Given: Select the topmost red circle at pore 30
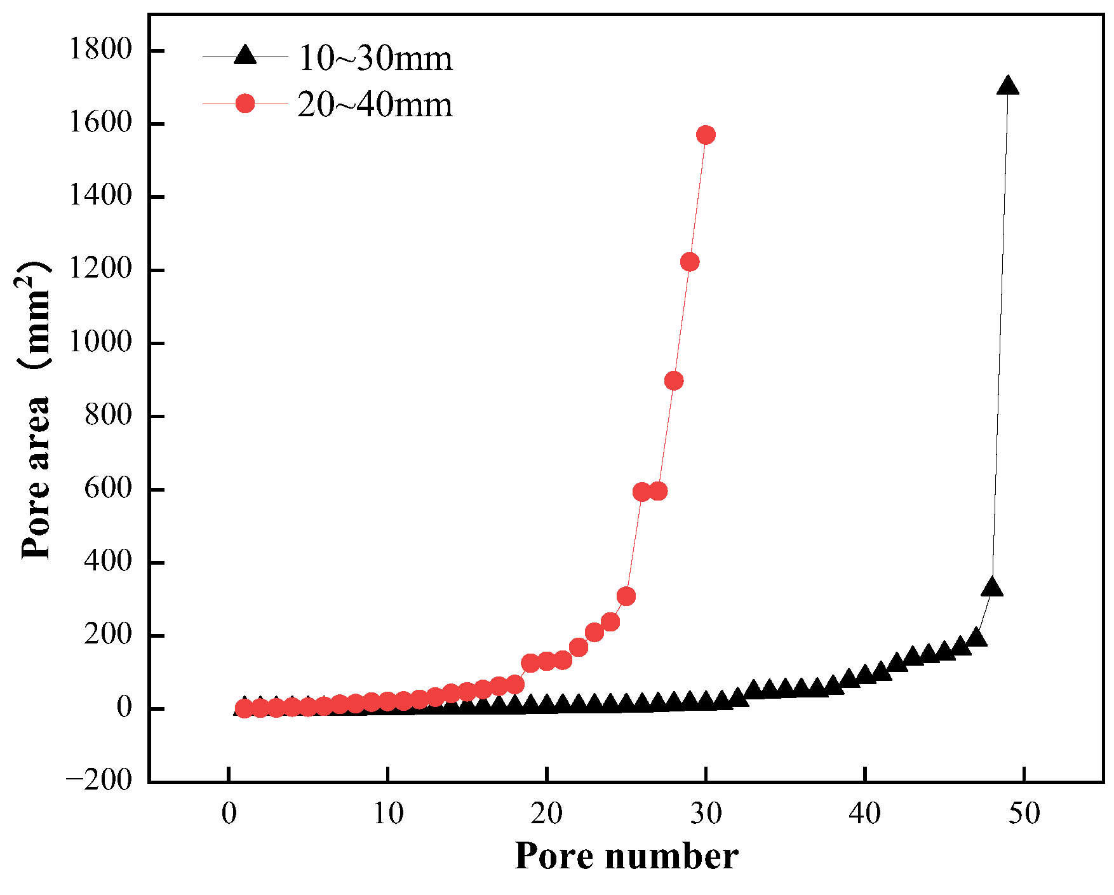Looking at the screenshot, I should [x=706, y=135].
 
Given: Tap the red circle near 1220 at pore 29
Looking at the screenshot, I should [x=690, y=262].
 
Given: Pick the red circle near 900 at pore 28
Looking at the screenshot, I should [x=674, y=381].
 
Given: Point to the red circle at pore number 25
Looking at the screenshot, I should [x=626, y=596].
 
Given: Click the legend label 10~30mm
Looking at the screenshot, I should [x=375, y=58].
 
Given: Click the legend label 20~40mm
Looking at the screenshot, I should [x=375, y=104].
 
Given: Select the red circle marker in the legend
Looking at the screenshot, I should [x=245, y=104].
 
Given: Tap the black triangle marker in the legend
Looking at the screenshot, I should [x=245, y=56].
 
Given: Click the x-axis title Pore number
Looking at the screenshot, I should [x=626, y=856].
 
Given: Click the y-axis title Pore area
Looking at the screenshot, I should [x=36, y=410].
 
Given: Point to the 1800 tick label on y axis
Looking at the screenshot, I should [x=100, y=50].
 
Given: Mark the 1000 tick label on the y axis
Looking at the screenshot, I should [x=100, y=343].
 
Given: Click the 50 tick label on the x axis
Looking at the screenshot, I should [x=1024, y=814].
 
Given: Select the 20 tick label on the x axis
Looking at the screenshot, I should [x=547, y=814].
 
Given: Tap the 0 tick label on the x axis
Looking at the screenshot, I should [x=229, y=814].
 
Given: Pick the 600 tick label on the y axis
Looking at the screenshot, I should [x=108, y=489].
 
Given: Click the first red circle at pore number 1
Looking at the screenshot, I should [x=244, y=708].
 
